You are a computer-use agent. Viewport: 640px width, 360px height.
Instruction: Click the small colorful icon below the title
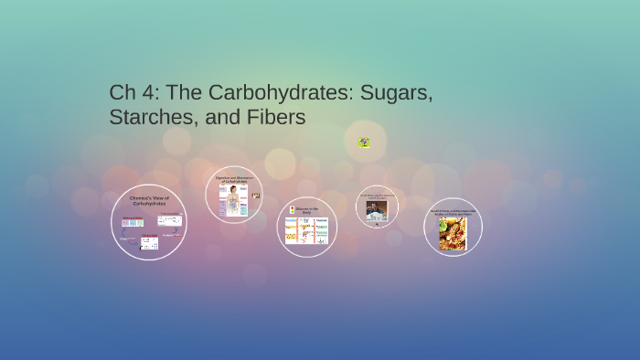coord(363,142)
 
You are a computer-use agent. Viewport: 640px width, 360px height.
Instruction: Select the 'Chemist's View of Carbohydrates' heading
coord(149,199)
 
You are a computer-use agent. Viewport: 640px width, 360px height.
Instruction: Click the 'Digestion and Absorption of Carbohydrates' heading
coord(234,179)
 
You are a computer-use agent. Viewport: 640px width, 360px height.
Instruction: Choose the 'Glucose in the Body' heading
coord(307,210)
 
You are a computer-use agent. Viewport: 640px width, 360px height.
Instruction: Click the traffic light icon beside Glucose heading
coord(292,209)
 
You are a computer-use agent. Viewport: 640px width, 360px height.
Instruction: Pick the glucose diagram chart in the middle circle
coord(306,230)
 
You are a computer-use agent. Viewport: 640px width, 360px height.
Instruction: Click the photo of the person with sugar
coord(377,211)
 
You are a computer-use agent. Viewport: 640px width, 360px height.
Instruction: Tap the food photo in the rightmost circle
coord(453,234)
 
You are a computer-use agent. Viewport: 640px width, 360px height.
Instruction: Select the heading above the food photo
coord(453,212)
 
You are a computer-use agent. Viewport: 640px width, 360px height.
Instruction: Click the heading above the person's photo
coord(377,196)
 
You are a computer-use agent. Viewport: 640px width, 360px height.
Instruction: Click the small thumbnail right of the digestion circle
coord(256,196)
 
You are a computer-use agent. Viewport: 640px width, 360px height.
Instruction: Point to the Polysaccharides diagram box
coord(169,220)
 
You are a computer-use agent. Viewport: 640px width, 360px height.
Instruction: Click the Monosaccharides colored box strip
coord(133,223)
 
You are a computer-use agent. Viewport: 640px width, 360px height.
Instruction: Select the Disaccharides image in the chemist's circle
coord(149,243)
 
